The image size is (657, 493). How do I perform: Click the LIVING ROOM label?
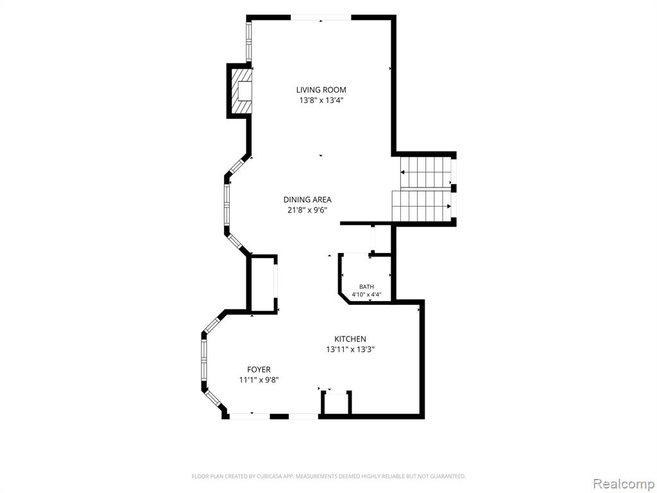[x=321, y=90]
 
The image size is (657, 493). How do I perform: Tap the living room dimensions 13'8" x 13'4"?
[x=321, y=101]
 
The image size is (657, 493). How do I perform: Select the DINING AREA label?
[x=307, y=200]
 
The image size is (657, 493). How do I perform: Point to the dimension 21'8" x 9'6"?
[x=307, y=211]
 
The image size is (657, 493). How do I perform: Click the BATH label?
[x=366, y=287]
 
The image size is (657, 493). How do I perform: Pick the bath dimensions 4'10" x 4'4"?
[x=366, y=294]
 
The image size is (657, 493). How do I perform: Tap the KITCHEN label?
[x=350, y=339]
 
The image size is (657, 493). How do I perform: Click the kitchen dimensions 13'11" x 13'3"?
[x=350, y=350]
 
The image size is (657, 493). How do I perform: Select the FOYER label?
[x=259, y=370]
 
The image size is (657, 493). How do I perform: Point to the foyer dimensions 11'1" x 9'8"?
[x=259, y=380]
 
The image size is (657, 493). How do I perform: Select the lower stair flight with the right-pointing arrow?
[x=422, y=206]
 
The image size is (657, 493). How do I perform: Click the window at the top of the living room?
[x=321, y=17]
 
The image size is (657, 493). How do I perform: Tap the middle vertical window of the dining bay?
[x=226, y=205]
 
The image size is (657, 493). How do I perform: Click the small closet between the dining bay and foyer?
[x=262, y=284]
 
